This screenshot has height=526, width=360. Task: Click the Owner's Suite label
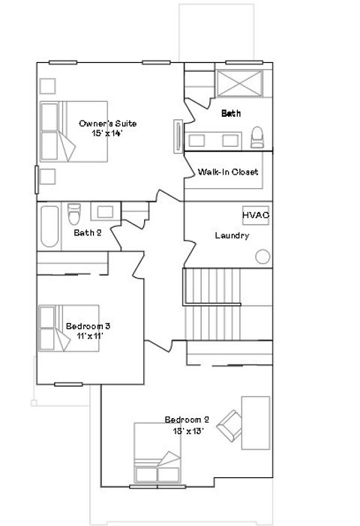coord(108,124)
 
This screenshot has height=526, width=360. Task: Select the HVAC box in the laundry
coord(255,216)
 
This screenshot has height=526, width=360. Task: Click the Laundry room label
coord(232,235)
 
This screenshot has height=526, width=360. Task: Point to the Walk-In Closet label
coord(228,172)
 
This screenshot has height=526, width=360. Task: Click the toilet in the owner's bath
coord(257,136)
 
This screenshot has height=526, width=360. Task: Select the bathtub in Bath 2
coord(49,226)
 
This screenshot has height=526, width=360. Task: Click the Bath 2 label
coord(87,232)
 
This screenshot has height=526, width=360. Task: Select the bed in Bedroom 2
coord(157,454)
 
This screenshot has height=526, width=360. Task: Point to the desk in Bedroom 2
coord(256,423)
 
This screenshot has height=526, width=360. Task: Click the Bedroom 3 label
coord(88,326)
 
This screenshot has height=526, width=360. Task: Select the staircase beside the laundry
coord(227,303)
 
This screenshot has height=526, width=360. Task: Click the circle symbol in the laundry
coord(262,257)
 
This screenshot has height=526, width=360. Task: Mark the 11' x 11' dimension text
coord(88,336)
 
